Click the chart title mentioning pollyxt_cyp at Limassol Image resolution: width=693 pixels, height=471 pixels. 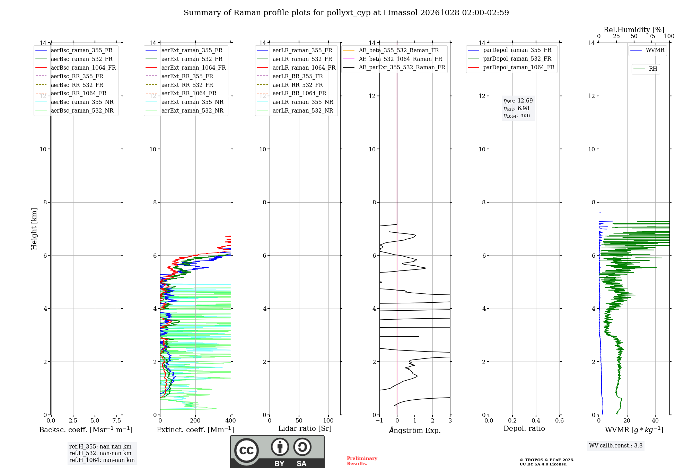[x=346, y=13]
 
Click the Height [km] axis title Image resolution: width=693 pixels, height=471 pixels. [x=34, y=229]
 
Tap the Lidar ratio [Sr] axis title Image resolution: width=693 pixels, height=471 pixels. [x=305, y=428]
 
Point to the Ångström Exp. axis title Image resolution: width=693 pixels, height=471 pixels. [x=415, y=430]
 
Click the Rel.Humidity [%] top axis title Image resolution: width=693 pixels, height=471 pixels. [x=634, y=30]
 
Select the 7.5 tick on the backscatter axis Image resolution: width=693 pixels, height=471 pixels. [x=117, y=420]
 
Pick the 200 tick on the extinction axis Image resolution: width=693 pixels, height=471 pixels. [x=195, y=420]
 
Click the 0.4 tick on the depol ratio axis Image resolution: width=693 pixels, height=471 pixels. [x=536, y=420]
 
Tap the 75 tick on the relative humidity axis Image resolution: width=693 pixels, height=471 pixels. [x=651, y=36]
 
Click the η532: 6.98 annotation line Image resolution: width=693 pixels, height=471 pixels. [x=516, y=108]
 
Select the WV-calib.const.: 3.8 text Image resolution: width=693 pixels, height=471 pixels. [x=616, y=445]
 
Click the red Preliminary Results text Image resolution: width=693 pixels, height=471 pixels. [x=362, y=461]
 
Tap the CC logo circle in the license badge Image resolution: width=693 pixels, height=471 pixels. [x=246, y=451]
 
